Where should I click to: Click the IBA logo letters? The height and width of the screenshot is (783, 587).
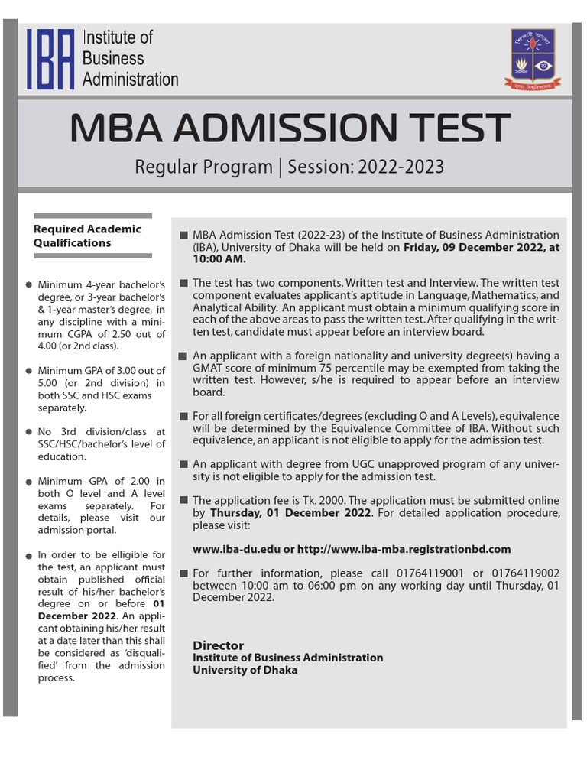coord(51,59)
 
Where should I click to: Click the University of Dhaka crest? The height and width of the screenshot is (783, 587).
coord(533,59)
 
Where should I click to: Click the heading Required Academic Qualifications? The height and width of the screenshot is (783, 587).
coord(87,236)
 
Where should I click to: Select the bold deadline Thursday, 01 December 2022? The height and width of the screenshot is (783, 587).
coord(290,512)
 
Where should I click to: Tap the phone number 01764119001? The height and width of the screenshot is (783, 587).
coord(425,573)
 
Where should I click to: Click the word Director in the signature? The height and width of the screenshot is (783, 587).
coord(218,645)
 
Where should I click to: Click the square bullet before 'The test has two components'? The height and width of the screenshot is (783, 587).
coord(183,283)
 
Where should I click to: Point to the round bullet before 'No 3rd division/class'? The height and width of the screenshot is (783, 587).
coord(28,433)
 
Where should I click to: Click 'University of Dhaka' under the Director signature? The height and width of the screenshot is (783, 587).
coord(245,670)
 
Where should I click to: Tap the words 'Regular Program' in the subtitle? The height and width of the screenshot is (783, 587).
coord(203,167)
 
